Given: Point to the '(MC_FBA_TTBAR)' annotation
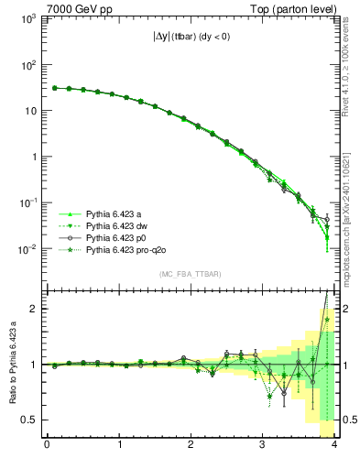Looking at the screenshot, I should [191, 274].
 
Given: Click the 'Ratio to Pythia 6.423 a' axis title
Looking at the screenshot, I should [12, 365].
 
